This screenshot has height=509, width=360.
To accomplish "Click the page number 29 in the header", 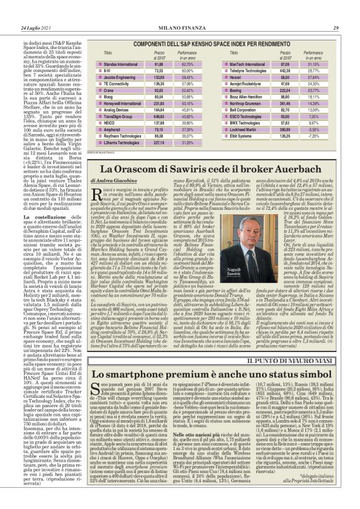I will [x=335, y=28].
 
